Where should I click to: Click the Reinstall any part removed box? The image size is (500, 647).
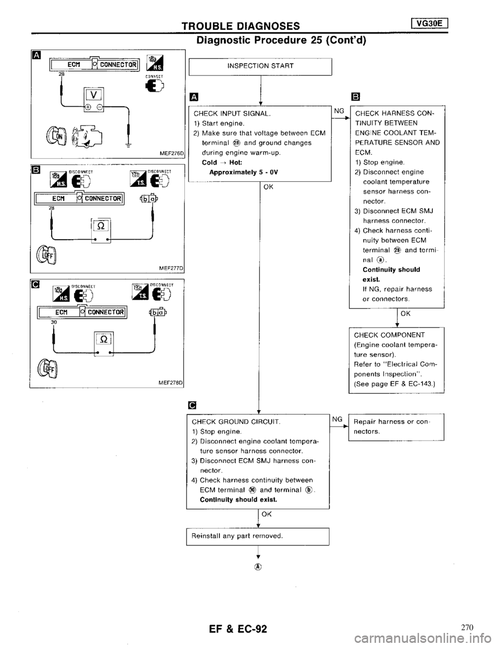click(257, 536)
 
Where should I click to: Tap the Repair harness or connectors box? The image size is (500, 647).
click(396, 427)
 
